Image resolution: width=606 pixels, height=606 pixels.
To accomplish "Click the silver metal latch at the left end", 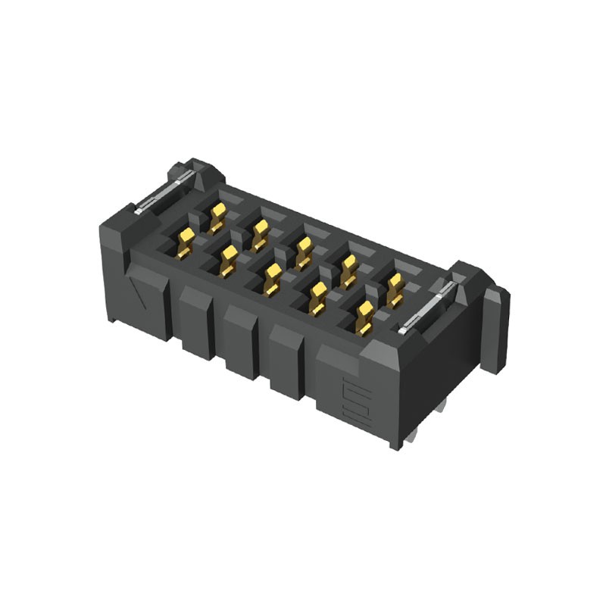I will pos(161,194).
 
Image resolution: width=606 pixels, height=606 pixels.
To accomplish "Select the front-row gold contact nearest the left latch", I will pos(185,243).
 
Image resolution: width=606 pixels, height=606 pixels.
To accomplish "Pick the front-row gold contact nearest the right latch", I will pos(364,317).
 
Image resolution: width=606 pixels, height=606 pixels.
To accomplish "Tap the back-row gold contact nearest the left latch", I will pos(217,217).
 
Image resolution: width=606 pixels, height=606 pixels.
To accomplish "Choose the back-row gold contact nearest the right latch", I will pos(394,289).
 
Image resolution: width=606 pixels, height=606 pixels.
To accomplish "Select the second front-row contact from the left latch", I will pos(228,261).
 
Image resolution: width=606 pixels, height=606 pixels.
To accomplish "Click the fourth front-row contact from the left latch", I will pos(318,298).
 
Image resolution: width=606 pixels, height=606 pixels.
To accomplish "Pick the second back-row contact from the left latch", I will pos(261,234).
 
